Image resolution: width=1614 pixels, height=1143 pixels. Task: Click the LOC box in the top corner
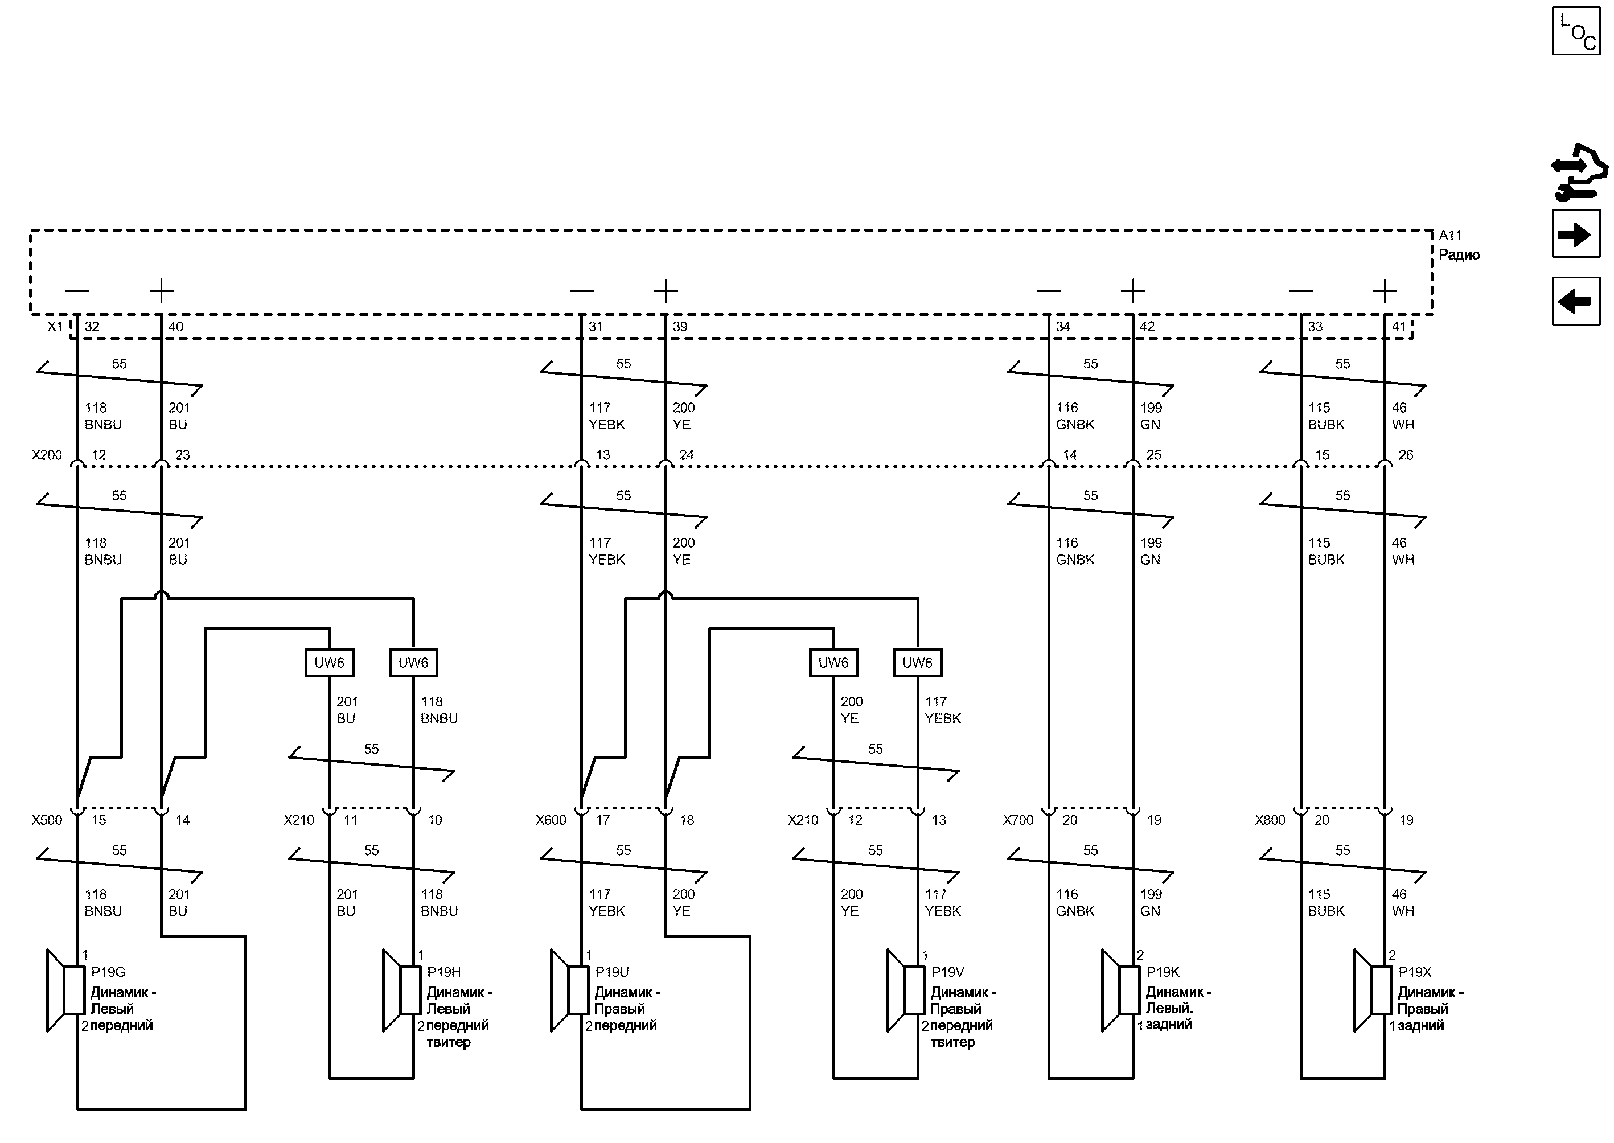click(x=1575, y=31)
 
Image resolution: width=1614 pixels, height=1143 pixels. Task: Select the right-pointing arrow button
click(x=1575, y=234)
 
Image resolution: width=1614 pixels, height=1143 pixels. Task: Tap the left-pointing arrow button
click(x=1575, y=301)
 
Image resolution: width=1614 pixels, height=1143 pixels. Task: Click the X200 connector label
click(x=47, y=455)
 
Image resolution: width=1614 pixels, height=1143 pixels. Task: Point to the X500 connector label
click(x=47, y=820)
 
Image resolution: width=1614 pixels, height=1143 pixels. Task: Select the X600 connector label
click(x=551, y=820)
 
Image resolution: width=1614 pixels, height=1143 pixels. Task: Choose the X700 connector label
click(x=1018, y=820)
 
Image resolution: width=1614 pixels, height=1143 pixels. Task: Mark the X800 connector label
click(x=1270, y=820)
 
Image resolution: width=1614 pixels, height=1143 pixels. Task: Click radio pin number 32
click(x=92, y=327)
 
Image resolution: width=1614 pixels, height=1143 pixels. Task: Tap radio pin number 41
click(x=1399, y=327)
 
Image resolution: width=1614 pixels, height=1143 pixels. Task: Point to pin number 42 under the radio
click(x=1147, y=327)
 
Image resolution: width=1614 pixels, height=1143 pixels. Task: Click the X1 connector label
click(x=55, y=327)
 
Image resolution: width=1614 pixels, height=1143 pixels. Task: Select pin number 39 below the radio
click(x=680, y=327)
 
